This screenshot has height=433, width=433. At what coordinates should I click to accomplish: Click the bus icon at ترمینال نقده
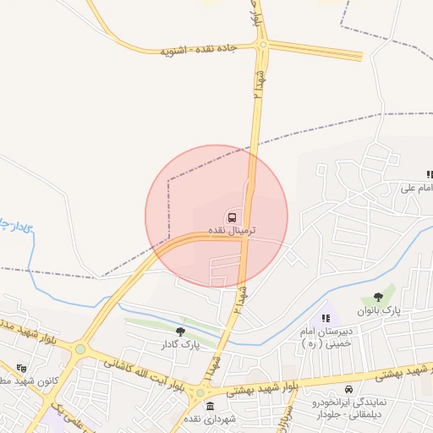[x=232, y=216]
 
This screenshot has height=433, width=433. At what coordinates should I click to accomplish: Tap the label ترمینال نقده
[x=232, y=230]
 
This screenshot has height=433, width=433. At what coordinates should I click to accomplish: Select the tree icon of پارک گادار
[x=179, y=332]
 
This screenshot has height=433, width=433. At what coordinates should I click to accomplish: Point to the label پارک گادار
[x=179, y=344]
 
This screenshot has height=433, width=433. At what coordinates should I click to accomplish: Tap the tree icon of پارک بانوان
[x=377, y=297]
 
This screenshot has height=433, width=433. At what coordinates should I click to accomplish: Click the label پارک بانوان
[x=377, y=311]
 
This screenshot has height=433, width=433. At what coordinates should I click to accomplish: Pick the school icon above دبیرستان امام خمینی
[x=326, y=319]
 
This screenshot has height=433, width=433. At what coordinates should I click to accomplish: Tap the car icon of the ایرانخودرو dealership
[x=348, y=390]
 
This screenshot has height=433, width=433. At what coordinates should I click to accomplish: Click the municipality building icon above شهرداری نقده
[x=210, y=407]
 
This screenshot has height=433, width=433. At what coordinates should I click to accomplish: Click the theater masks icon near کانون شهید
[x=22, y=368]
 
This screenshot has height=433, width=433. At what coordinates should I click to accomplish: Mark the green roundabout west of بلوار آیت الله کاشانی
[x=80, y=348]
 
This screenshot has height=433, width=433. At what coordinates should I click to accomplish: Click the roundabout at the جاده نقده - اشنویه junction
[x=263, y=44]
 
